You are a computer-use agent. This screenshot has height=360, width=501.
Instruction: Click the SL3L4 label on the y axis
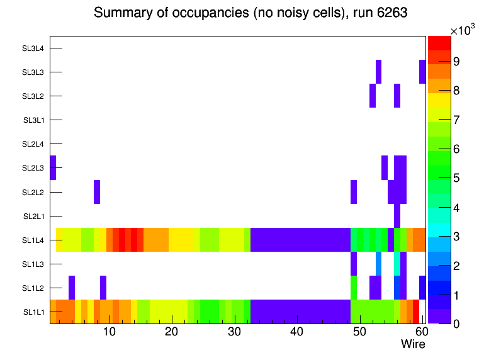[33, 48]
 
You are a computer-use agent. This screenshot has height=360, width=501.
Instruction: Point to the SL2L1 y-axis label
[34, 216]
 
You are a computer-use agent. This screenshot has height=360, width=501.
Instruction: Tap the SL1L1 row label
[34, 312]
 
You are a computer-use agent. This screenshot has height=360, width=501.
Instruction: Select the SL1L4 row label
[34, 240]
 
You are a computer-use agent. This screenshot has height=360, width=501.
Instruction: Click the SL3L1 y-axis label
[34, 120]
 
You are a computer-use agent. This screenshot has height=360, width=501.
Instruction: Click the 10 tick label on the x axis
[109, 332]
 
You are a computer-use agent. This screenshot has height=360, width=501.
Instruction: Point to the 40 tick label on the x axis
[296, 332]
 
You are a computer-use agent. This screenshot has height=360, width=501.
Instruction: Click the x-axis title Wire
[413, 344]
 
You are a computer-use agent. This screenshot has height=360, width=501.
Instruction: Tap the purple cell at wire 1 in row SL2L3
[53, 167]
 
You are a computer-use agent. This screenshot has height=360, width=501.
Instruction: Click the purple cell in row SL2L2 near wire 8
[97, 192]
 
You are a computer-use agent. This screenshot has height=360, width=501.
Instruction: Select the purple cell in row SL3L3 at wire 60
[422, 72]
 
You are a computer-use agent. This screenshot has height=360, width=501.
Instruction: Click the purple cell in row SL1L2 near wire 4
[72, 288]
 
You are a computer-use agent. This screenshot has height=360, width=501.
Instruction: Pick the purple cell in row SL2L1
[397, 216]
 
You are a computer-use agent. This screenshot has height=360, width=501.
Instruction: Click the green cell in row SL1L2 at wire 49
[354, 288]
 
